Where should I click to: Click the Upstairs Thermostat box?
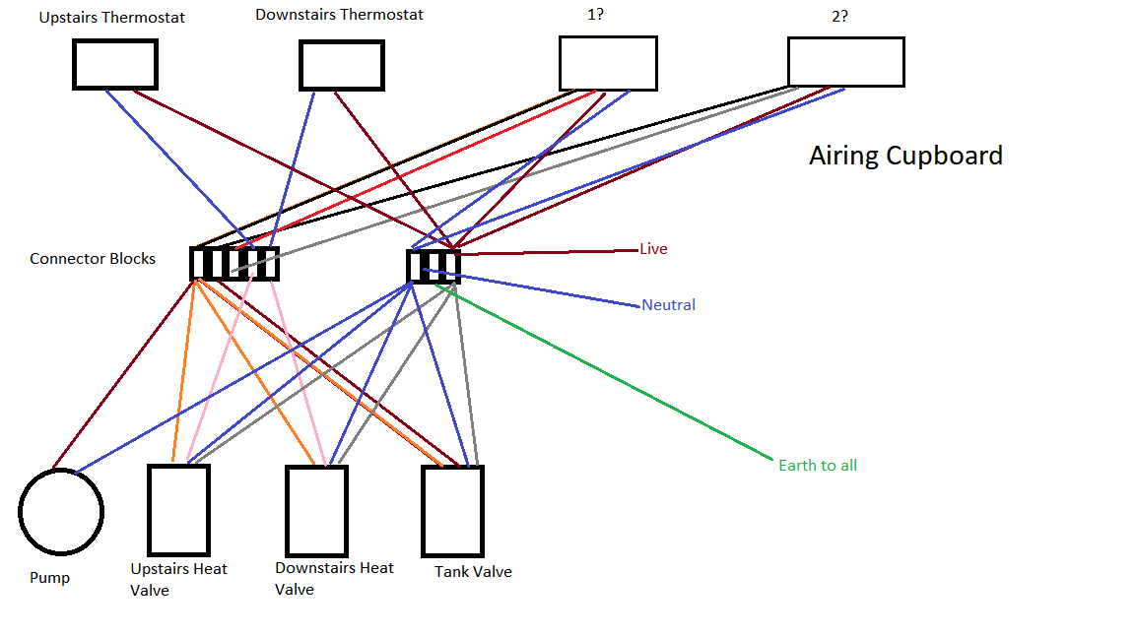115,65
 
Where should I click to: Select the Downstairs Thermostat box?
342,66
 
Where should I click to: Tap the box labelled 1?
608,63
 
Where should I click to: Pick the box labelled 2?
845,62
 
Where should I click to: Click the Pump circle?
61,512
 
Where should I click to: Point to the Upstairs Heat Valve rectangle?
178,510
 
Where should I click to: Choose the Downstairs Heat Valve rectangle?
316,511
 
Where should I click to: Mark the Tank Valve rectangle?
452,511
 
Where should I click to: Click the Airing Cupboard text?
905,156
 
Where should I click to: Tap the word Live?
653,249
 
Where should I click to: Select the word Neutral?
668,305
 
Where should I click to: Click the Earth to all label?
817,465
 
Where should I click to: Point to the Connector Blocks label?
93,259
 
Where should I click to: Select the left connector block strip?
234,264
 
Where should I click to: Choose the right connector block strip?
434,266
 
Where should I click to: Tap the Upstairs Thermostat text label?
112,18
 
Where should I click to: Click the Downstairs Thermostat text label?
339,15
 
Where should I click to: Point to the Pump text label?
49,578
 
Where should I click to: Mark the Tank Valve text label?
473,572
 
